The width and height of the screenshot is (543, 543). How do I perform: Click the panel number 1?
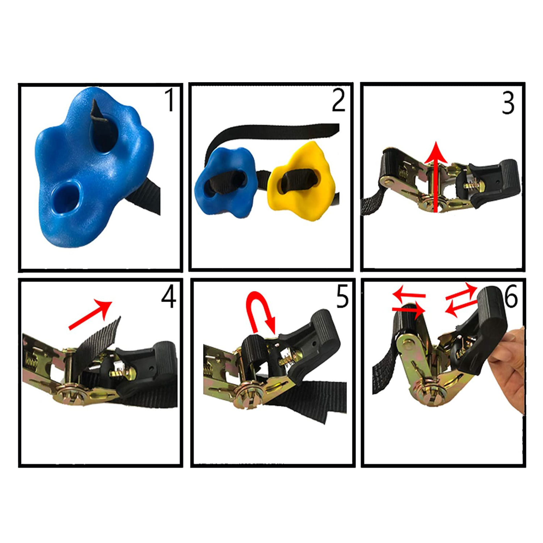[x=169, y=100]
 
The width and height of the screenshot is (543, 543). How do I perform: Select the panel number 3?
[x=508, y=103]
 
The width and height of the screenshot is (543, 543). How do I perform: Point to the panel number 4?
[x=169, y=296]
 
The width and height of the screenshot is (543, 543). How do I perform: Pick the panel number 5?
[x=342, y=296]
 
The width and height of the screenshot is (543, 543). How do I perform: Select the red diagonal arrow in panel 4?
[x=90, y=314]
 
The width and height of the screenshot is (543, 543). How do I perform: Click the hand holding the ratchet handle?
[x=507, y=369]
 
